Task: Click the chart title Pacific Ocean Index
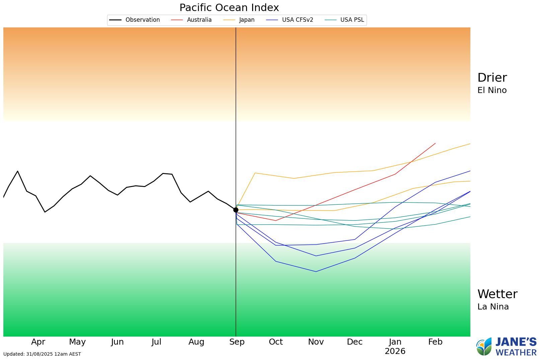229,7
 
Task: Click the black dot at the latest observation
236,210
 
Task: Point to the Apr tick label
38,342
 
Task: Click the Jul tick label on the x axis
156,342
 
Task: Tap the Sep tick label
237,342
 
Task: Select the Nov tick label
316,342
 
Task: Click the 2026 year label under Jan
395,351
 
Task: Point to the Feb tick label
435,342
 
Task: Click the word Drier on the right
492,78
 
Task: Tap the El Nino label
492,90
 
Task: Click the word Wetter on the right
497,294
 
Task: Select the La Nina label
493,307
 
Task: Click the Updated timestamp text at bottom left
42,354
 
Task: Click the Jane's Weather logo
506,347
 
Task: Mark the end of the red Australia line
435,143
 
